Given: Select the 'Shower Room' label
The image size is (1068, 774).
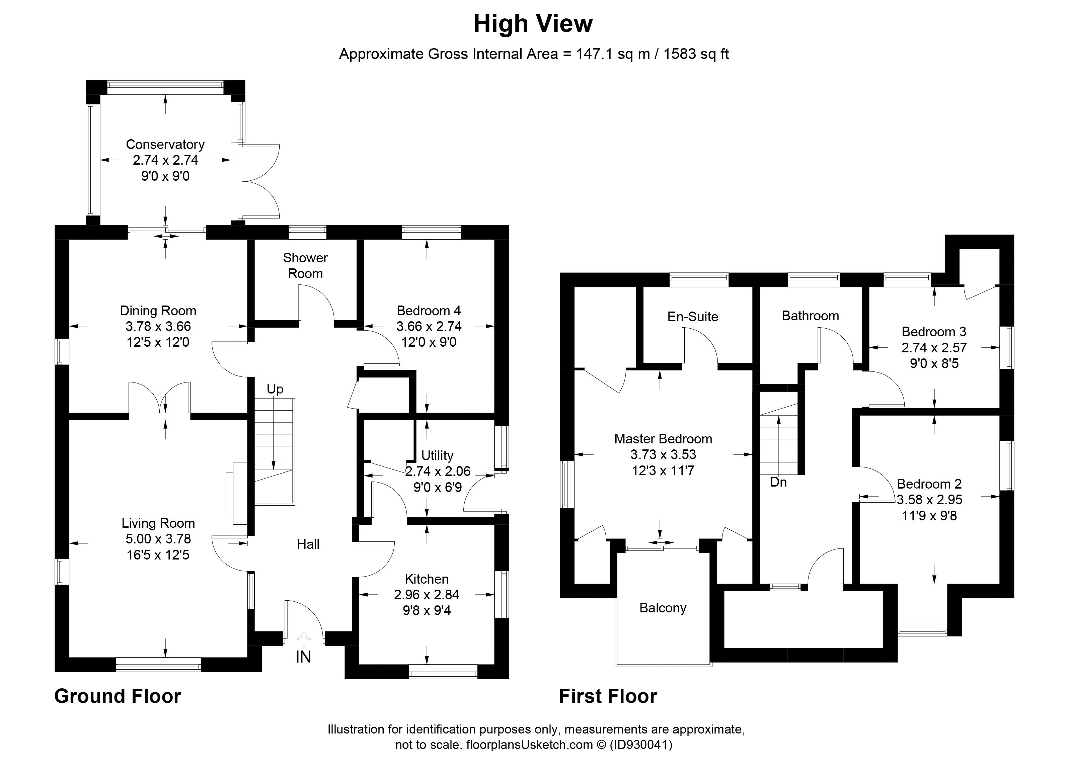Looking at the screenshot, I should pos(305,266).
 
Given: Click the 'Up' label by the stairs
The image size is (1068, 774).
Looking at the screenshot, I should pos(275,389).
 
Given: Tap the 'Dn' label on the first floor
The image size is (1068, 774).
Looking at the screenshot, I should pos(778,482).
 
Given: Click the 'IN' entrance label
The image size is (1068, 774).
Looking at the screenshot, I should pos(303,657).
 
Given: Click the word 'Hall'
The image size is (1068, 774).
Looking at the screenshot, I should pos(308,544).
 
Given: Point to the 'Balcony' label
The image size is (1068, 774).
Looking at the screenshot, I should pos(663,608).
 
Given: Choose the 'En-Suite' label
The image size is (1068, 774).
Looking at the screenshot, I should pos(693,316).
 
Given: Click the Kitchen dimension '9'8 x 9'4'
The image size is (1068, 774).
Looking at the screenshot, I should pos(427,611).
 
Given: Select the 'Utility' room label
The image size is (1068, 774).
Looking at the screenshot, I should pos(437,455).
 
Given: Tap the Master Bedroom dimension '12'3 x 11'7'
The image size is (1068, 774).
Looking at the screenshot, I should pos(663,470).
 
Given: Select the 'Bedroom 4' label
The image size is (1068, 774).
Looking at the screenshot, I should pos(429,311).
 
